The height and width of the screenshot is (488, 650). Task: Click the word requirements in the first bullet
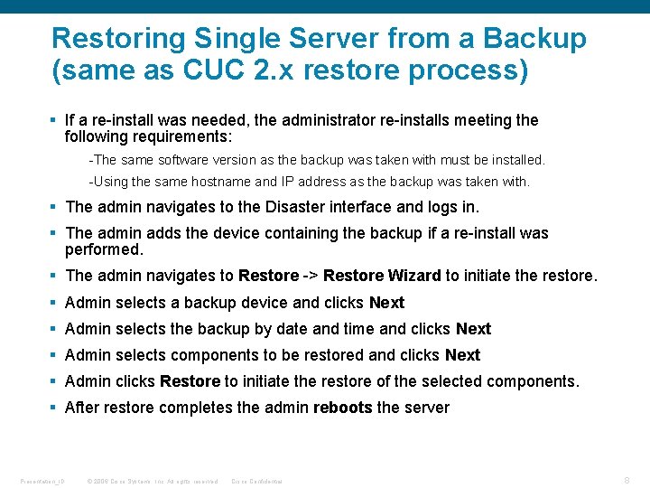click(179, 137)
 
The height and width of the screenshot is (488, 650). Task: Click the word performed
click(104, 249)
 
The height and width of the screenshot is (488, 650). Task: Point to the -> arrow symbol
click(311, 276)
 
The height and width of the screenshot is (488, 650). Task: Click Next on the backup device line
click(386, 303)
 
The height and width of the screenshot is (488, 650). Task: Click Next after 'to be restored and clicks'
click(462, 355)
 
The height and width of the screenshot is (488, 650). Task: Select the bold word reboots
click(342, 408)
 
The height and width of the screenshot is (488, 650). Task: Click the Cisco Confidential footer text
click(257, 482)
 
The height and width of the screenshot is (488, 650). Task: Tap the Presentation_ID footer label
click(41, 482)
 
